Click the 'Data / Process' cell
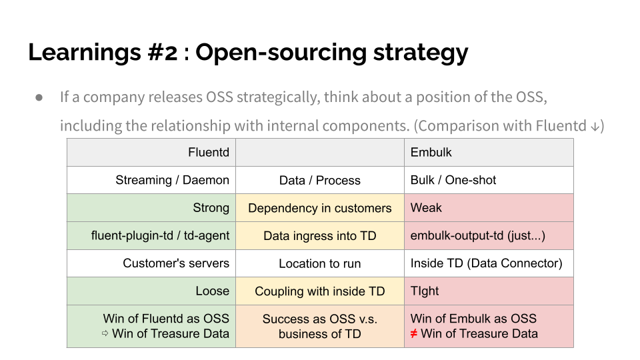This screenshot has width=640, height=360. tap(320, 181)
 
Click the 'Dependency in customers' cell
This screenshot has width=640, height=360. tap(320, 208)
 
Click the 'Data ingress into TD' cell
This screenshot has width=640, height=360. tap(320, 235)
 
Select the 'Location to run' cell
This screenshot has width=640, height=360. tap(320, 263)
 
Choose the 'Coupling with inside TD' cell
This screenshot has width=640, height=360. tap(320, 291)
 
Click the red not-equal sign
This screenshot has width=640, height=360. tap(414, 333)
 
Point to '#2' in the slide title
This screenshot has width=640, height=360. tap(160, 52)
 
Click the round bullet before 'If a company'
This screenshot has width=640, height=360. tap(39, 97)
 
